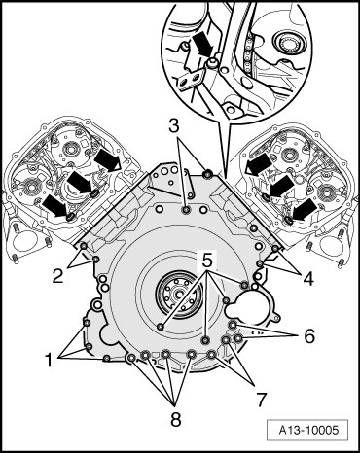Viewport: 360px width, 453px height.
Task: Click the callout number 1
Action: point(49,361)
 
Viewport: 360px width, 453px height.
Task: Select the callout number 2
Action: point(58,276)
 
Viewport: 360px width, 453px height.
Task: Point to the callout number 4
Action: point(309,279)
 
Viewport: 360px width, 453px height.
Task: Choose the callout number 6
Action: point(309,336)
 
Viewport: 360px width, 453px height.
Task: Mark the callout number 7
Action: point(262,399)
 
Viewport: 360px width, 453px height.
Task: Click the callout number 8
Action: point(175,420)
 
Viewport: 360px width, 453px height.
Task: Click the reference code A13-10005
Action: point(308,431)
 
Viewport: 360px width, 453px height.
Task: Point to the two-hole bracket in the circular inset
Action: point(191,79)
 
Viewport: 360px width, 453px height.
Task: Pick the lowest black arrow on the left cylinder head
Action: point(56,206)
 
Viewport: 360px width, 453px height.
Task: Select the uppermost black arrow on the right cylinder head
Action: point(259,164)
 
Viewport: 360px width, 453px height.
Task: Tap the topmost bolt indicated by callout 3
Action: point(207,175)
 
